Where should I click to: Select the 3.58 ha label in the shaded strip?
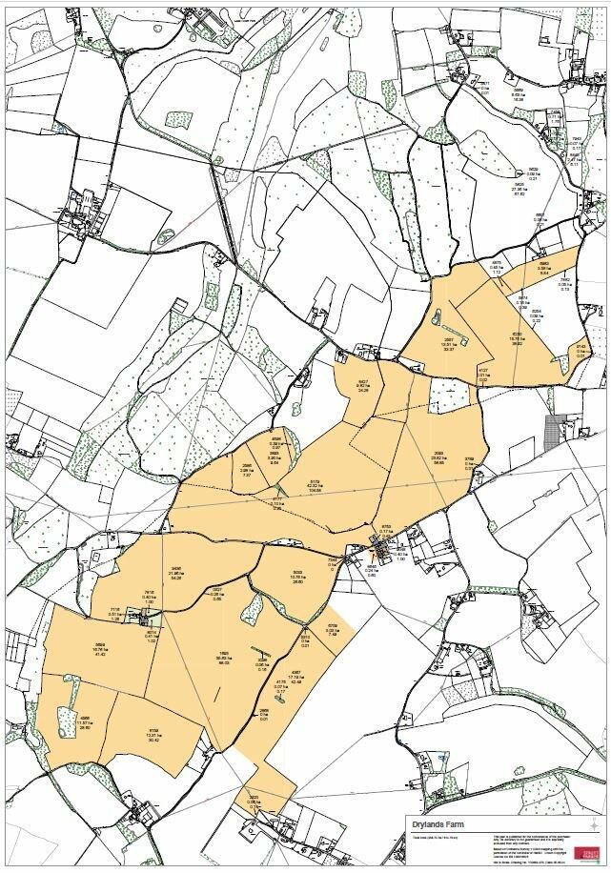544,269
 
